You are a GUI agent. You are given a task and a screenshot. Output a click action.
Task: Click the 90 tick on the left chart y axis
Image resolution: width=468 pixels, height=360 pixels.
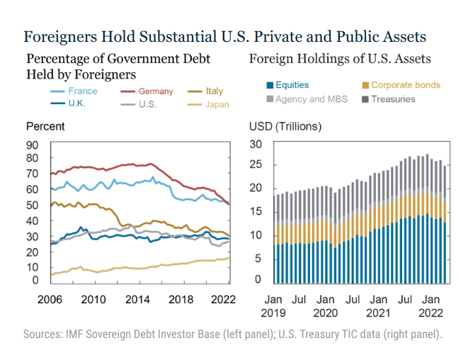pyautogui.click(x=32, y=145)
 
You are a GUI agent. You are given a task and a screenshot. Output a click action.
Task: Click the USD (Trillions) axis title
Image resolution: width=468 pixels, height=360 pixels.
pyautogui.click(x=285, y=127)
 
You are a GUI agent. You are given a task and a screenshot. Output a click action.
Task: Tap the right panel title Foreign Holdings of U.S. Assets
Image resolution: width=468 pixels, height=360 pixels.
pyautogui.click(x=340, y=59)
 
